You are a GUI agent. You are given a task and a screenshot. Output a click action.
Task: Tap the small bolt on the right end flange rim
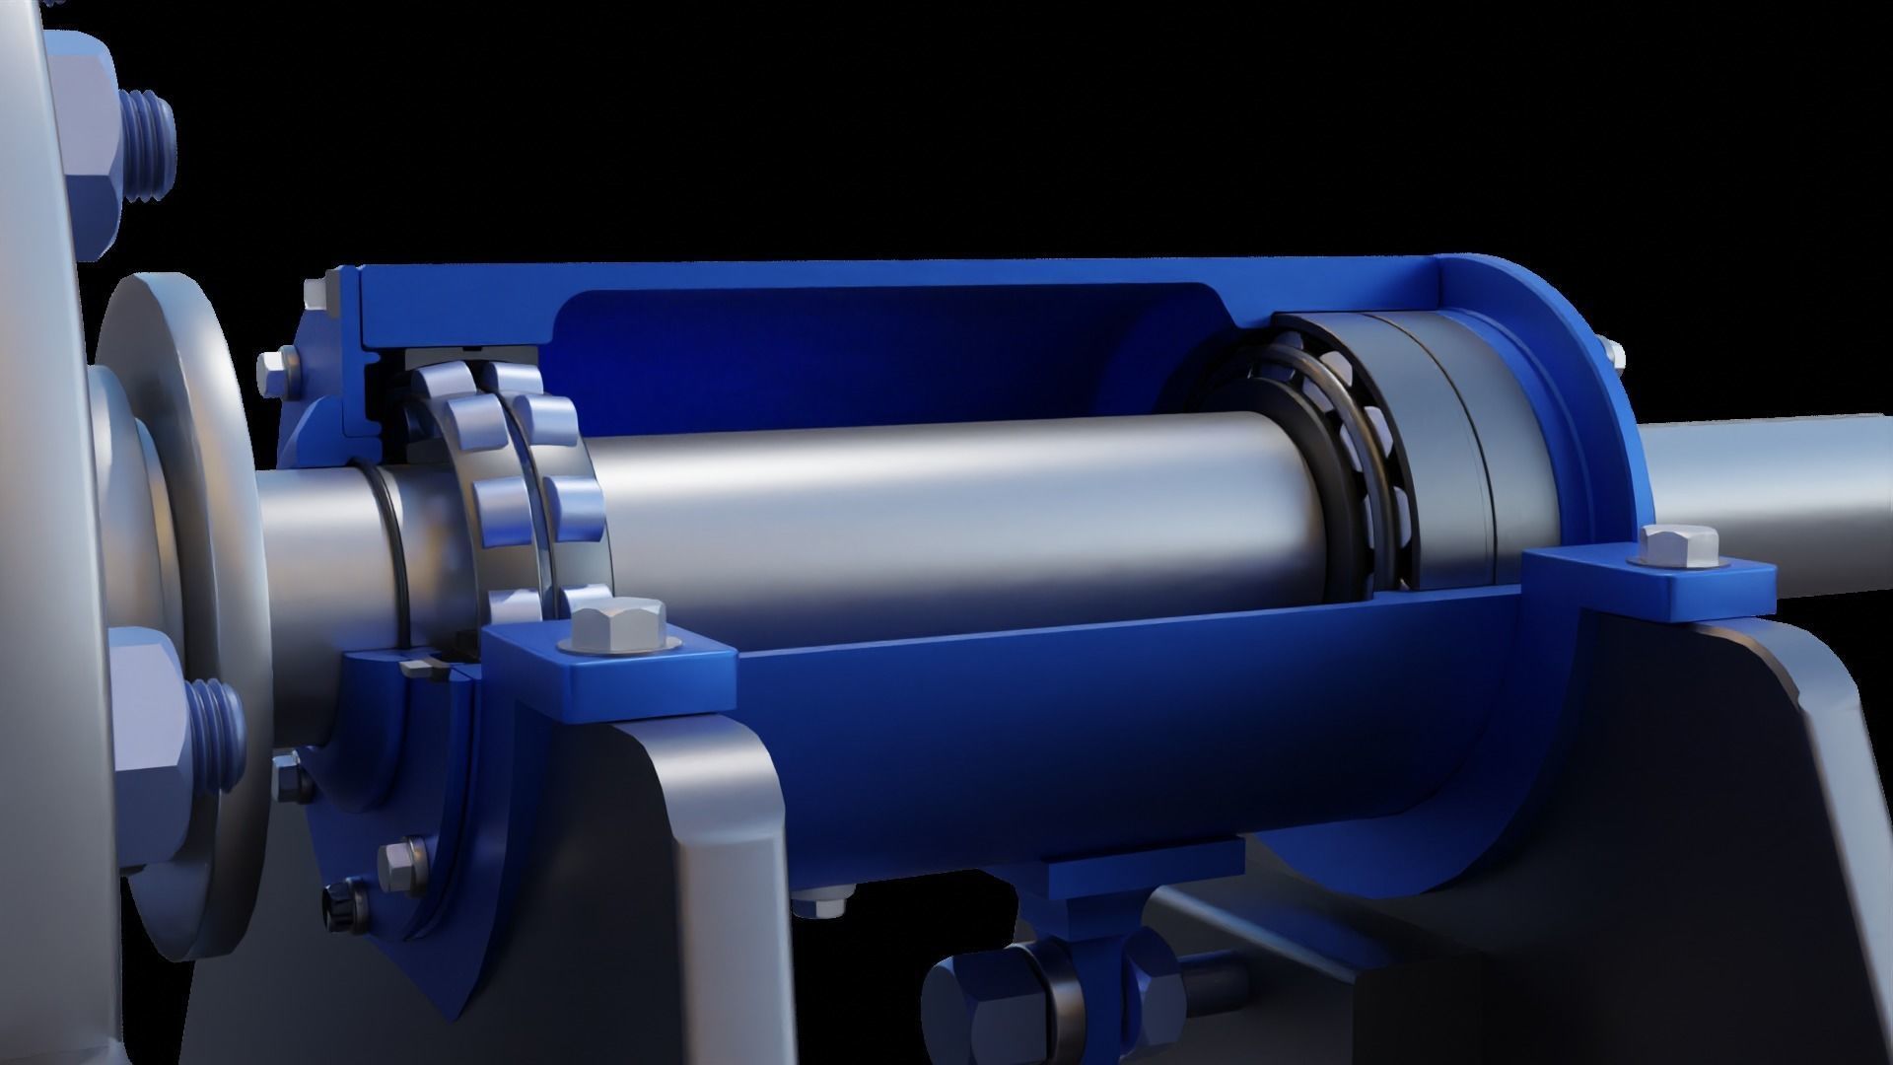[1610, 354]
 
